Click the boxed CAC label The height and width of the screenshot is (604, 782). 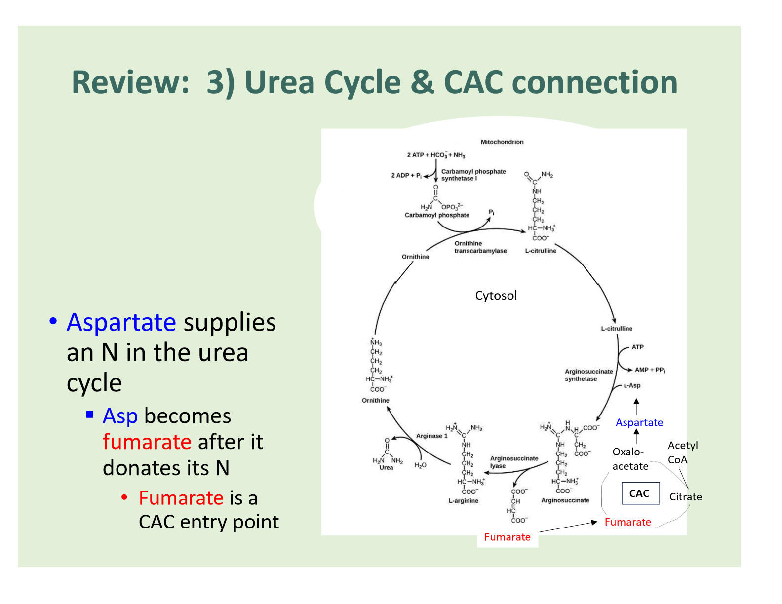point(640,493)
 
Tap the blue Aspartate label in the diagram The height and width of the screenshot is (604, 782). point(639,422)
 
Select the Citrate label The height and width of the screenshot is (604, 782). point(685,497)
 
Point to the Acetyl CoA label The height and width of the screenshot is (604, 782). point(682,453)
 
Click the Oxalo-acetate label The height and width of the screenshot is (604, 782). point(630,459)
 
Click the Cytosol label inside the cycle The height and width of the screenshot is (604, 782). point(496,296)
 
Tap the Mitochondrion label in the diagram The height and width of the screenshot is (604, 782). point(502,142)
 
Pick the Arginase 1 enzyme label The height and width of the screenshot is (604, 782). point(431,436)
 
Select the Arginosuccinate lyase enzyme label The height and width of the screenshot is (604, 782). point(513,462)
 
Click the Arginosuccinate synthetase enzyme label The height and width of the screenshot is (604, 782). point(588,375)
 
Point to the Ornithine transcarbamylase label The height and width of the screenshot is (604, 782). point(480,247)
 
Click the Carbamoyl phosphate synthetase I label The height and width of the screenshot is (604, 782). point(473,175)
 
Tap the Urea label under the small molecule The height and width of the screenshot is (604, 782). point(386,468)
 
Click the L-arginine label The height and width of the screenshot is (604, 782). point(463,501)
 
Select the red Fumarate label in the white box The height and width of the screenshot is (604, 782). point(508,537)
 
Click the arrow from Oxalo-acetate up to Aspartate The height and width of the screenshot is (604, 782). point(636,437)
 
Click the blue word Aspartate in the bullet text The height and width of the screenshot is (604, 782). point(121,323)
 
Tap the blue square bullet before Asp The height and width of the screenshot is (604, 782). point(90,414)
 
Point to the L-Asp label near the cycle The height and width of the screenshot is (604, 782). point(632,386)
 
